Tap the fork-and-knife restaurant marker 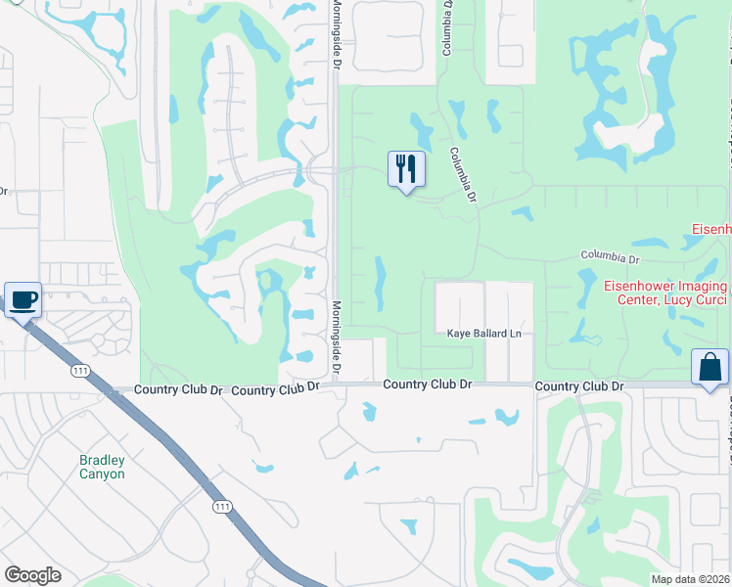coord(406,169)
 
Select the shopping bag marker coord(709,368)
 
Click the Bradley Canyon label coord(102,467)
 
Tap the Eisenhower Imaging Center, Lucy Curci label coord(665,293)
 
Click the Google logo coord(32,575)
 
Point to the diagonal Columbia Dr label coord(462,176)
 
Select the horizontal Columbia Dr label coord(609,258)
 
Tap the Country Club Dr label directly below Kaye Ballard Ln coord(428,385)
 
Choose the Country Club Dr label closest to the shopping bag coord(579,387)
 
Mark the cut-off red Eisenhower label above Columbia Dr coord(711,229)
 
